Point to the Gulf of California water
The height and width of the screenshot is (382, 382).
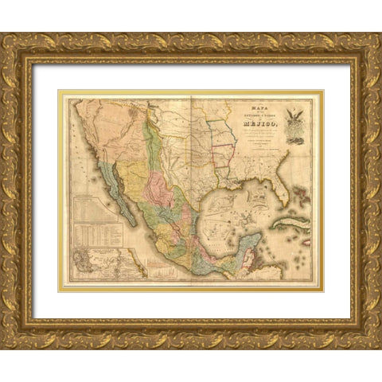pos(127,191)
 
